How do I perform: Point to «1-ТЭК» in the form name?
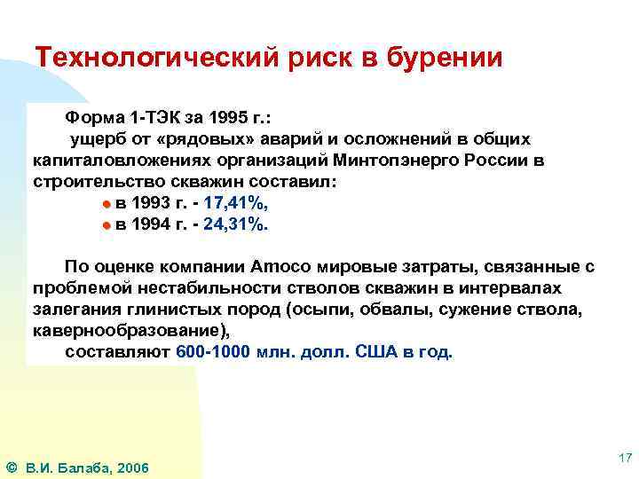click(x=136, y=118)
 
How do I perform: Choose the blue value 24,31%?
click(x=235, y=224)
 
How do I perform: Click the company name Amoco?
click(x=281, y=267)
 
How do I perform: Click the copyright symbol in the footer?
click(x=11, y=467)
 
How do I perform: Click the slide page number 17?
click(x=624, y=459)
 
